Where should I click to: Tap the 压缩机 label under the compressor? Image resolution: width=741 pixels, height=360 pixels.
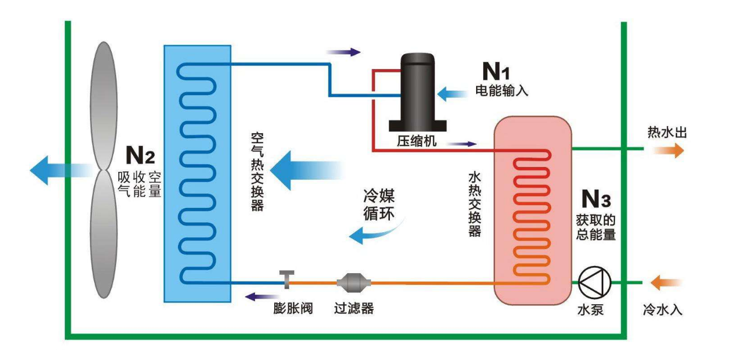coord(417,141)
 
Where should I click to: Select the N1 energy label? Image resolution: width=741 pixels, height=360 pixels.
coord(496,71)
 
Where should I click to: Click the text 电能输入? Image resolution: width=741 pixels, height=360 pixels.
coord(502,90)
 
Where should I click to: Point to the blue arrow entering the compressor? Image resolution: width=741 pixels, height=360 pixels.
coord(452,94)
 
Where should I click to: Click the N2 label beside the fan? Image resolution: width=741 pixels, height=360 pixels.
coord(140,155)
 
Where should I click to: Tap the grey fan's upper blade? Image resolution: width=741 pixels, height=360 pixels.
coord(103,106)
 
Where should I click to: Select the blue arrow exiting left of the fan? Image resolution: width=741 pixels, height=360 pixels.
coord(61,170)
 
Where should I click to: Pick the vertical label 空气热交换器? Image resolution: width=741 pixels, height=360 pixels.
coord(257,172)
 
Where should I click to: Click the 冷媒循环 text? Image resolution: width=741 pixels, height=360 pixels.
coord(379,205)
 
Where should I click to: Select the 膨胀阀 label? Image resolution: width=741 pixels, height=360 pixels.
coord(293,309)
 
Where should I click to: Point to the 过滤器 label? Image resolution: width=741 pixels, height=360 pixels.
coord(354,309)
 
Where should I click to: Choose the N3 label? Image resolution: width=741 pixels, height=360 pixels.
coord(596,199)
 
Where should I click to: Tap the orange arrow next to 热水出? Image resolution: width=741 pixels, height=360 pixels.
coord(669,150)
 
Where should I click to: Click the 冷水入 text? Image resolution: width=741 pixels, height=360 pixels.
coord(662,310)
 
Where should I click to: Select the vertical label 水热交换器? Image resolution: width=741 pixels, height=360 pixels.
coord(474,205)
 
